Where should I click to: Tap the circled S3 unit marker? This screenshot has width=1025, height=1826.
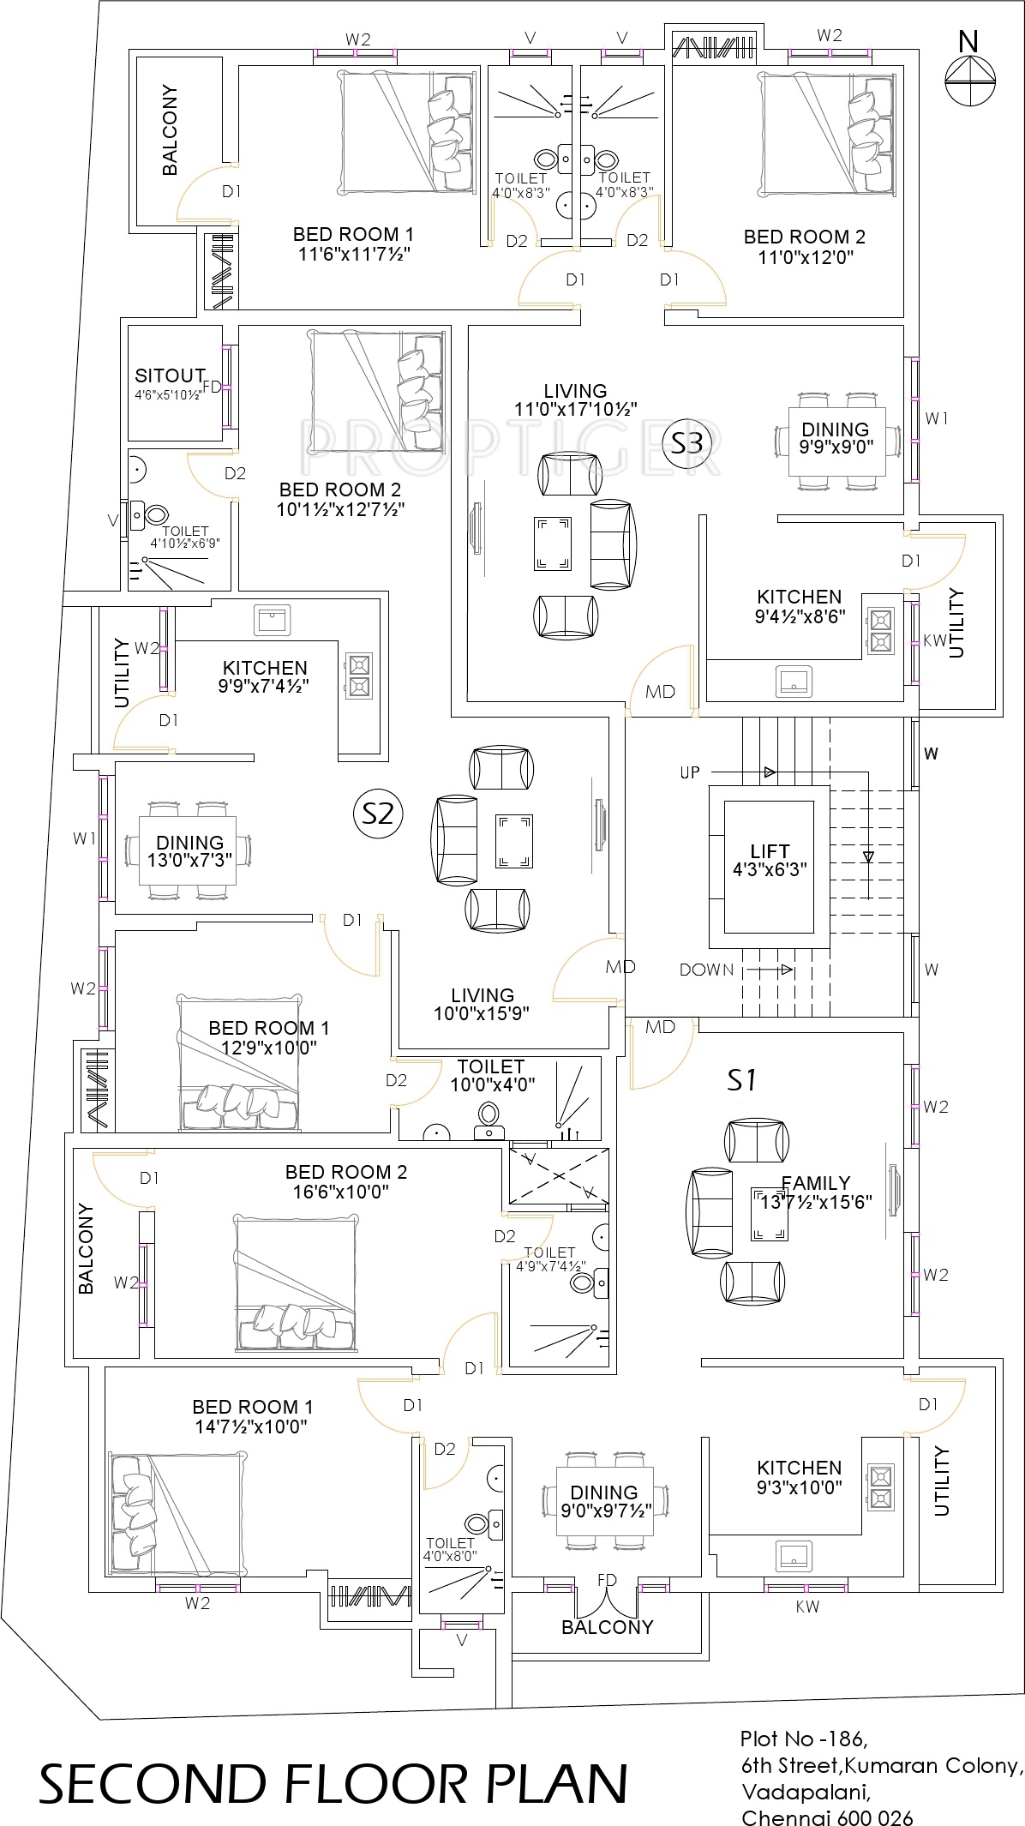coord(687,443)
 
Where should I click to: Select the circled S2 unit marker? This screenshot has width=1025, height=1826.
coord(378,813)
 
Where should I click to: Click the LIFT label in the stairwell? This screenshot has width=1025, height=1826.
coord(770,851)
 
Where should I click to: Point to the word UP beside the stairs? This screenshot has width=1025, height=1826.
coord(690,772)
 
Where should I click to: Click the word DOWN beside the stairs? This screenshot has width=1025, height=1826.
coord(706,970)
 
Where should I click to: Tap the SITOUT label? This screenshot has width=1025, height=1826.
coord(170,375)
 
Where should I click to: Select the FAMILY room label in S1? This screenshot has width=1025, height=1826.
coord(815,1183)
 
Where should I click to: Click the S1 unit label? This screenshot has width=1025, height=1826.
coord(742,1080)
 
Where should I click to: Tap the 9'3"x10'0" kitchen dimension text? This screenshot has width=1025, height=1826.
coord(800,1487)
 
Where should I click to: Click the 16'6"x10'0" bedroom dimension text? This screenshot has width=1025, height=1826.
coord(346,1192)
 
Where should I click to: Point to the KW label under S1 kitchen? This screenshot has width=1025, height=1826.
coord(807,1607)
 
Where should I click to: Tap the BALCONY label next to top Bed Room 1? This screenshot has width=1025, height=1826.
coord(170,130)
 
